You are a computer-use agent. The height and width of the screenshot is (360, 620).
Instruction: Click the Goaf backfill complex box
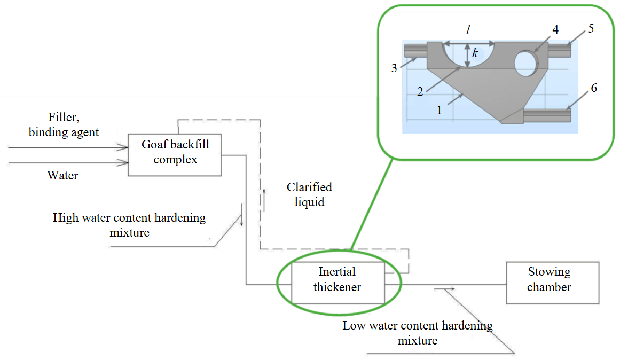coord(175,154)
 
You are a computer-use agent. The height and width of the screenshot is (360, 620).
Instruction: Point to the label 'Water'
coord(62,175)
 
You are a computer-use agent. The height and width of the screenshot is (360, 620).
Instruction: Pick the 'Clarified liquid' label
coord(309,195)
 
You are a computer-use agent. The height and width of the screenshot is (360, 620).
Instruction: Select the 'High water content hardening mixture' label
coord(129,225)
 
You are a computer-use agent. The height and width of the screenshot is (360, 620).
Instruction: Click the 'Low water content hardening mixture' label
coord(418,333)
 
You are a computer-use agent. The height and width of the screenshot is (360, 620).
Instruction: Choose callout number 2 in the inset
coord(420,91)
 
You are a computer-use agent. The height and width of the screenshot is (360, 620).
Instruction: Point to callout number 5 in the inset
coord(591,28)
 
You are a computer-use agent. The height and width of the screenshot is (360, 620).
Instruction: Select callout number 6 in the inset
coord(594,89)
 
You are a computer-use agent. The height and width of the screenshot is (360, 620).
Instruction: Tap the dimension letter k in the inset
coord(474,53)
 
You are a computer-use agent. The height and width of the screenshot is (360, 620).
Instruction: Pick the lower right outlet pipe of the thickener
coord(547,115)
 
